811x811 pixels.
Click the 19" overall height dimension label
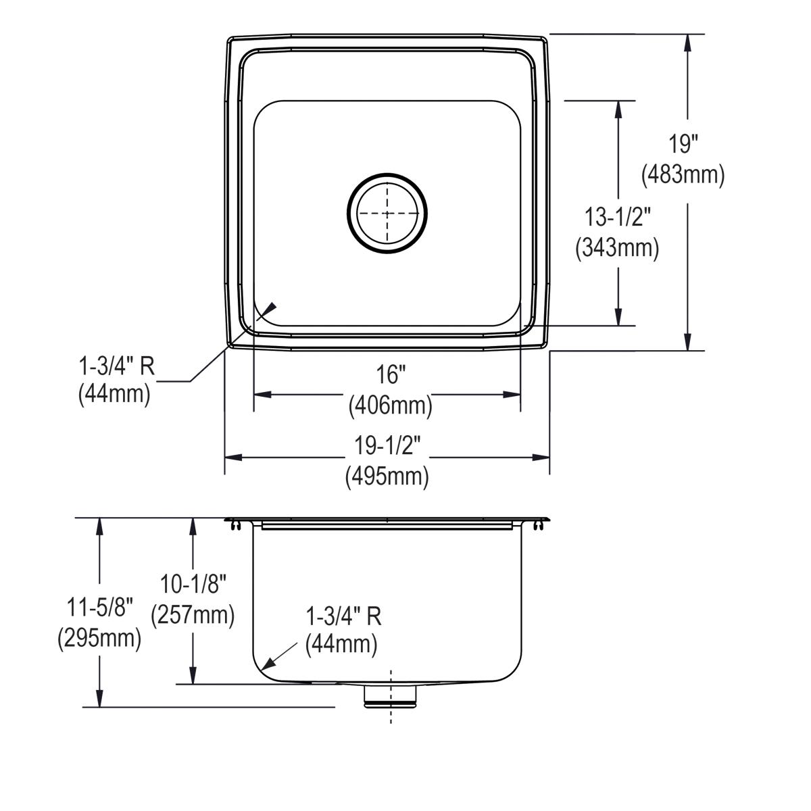(683, 144)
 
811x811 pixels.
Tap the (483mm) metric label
(683, 174)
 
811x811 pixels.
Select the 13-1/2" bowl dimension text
(616, 217)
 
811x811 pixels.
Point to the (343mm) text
(616, 247)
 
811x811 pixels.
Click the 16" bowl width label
(390, 374)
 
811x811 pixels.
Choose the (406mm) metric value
(390, 405)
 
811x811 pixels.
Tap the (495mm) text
(387, 476)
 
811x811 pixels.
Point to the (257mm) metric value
(193, 614)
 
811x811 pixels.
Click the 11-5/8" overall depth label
(99, 606)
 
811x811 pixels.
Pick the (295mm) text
(99, 637)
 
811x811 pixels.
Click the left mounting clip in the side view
(234, 524)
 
